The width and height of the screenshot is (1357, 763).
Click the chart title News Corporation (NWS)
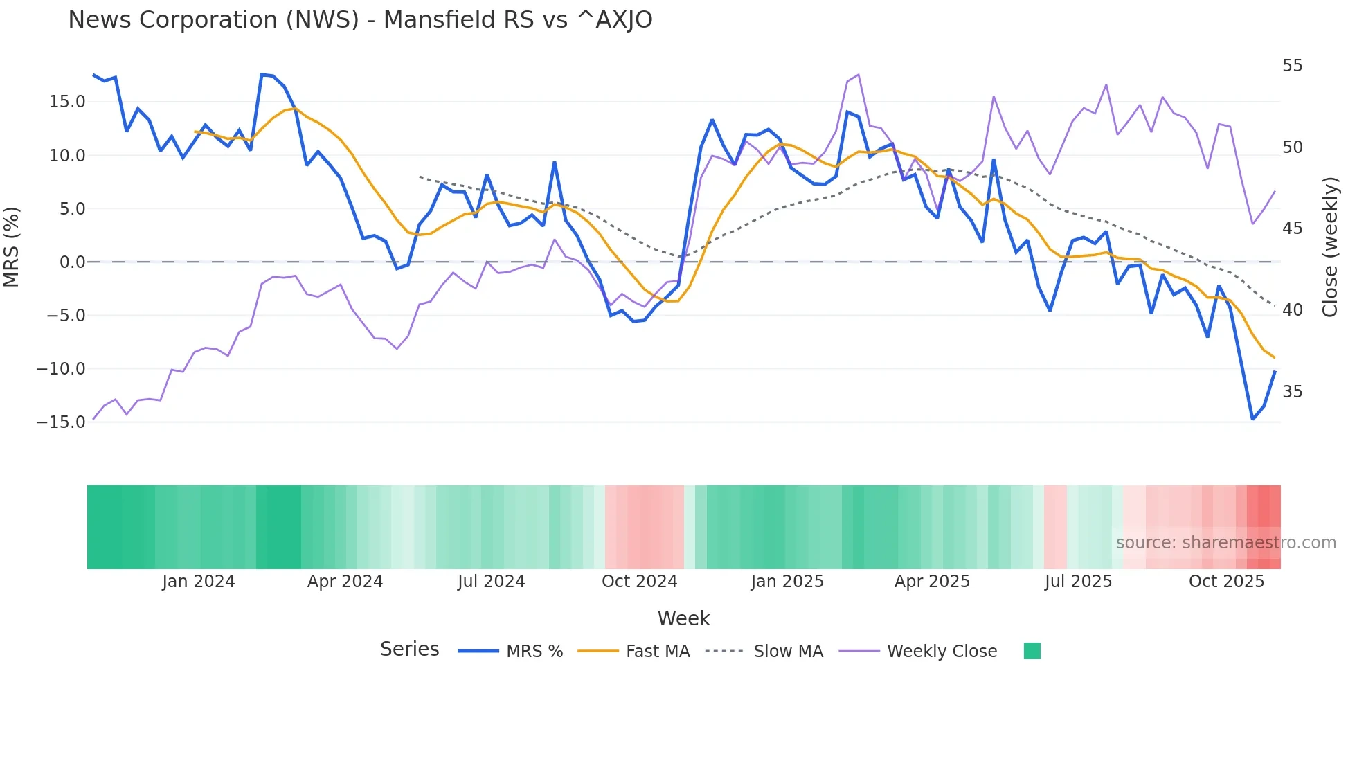(x=360, y=20)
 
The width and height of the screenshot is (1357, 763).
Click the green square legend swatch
(x=1032, y=651)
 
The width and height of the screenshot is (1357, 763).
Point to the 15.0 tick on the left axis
(x=67, y=102)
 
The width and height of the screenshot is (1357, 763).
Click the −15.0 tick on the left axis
(x=61, y=422)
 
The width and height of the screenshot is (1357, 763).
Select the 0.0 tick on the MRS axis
(x=72, y=262)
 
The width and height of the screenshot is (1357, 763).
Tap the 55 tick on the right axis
(x=1292, y=66)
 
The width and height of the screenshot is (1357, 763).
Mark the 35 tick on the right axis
(x=1292, y=392)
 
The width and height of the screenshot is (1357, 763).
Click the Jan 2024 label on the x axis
(x=199, y=582)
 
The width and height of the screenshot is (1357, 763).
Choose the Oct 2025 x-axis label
(x=1226, y=582)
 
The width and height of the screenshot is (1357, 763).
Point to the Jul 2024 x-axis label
(x=491, y=582)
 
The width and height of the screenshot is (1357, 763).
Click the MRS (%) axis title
(x=12, y=246)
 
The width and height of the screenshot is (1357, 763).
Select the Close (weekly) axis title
(x=1330, y=247)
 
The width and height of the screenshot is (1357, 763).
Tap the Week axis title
(x=683, y=618)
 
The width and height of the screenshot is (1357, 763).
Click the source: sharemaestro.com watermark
(x=1225, y=543)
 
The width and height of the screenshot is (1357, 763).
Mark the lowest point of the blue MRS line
(x=1252, y=419)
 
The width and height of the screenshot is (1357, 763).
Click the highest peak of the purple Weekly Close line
(x=859, y=75)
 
